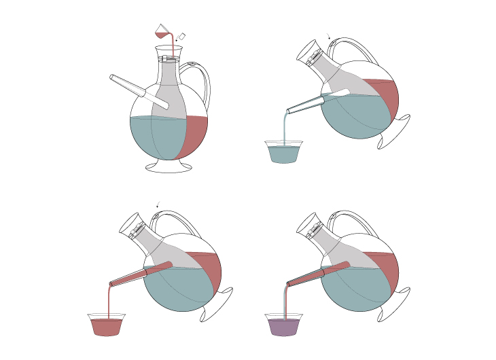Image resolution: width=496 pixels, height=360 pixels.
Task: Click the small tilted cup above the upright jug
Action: click(x=162, y=31)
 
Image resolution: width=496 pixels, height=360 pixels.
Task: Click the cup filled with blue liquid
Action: click(x=283, y=153)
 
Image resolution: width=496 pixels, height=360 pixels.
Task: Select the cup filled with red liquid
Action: click(x=107, y=325)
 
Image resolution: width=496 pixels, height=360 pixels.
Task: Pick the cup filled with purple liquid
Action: click(x=284, y=325)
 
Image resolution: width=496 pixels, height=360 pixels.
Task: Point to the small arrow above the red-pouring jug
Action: click(x=158, y=204)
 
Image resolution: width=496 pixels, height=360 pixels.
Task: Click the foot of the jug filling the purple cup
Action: click(x=396, y=305)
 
